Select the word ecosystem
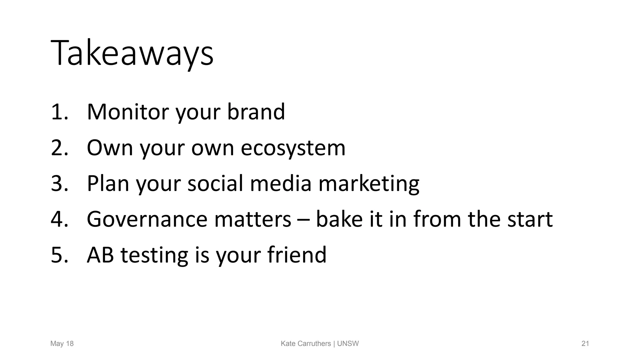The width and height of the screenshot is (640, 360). pyautogui.click(x=293, y=147)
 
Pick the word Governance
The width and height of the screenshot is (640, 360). pyautogui.click(x=147, y=219)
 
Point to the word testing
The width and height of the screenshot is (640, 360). pyautogui.click(x=154, y=255)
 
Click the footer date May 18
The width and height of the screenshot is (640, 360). pyautogui.click(x=62, y=344)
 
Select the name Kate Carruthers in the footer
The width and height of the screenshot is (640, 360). pyautogui.click(x=306, y=344)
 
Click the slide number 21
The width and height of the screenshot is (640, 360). pyautogui.click(x=585, y=344)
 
